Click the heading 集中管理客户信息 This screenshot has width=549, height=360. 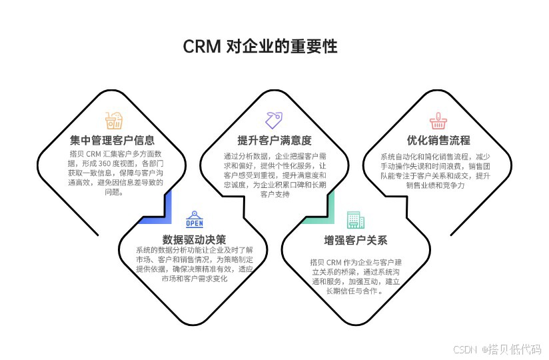pyautogui.click(x=113, y=141)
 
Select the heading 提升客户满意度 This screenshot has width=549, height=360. pyautogui.click(x=274, y=141)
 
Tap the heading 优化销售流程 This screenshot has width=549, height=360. pyautogui.click(x=438, y=141)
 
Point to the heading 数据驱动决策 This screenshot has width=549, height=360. pyautogui.click(x=195, y=239)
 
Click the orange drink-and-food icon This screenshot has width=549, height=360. pyautogui.click(x=113, y=121)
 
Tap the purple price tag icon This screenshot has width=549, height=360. pyautogui.click(x=274, y=120)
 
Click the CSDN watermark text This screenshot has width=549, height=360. pyautogui.click(x=466, y=349)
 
